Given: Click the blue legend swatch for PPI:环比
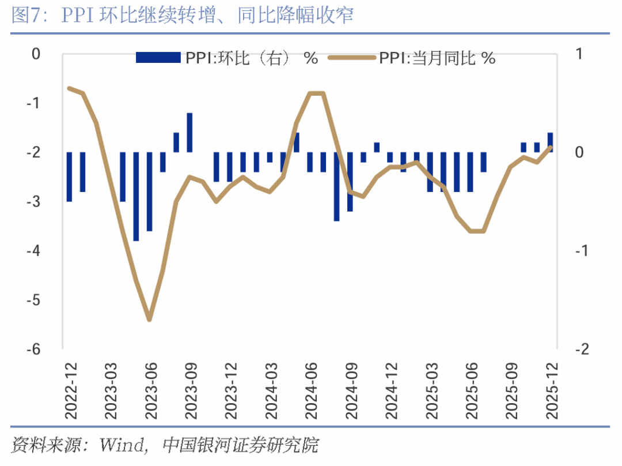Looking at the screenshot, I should click(x=158, y=58).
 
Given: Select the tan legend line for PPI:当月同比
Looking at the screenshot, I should click(x=351, y=58).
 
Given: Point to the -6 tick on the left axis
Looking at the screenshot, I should click(x=35, y=349).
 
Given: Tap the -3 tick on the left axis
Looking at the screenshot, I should click(x=35, y=202).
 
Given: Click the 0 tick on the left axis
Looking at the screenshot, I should click(x=36, y=54).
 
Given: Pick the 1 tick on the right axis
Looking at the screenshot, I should click(x=579, y=54).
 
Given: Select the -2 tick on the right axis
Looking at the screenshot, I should click(x=582, y=349).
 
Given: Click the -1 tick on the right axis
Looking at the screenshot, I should click(x=582, y=251).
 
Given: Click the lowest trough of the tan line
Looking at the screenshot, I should click(x=150, y=319).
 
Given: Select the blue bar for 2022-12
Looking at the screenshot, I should click(x=69, y=176).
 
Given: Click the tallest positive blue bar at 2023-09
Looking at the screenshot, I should click(x=189, y=133).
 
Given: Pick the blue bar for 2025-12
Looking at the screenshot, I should click(x=551, y=142).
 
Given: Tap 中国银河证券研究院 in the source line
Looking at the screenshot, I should click(x=240, y=445).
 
